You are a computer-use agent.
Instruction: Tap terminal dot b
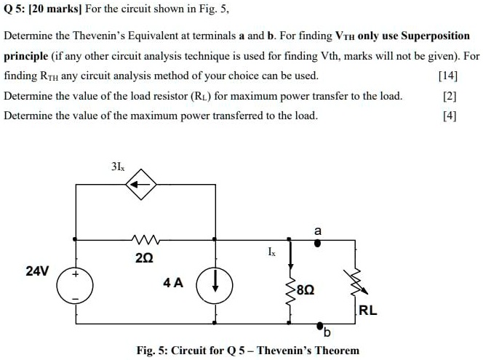(317, 324)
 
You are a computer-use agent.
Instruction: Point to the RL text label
(368, 310)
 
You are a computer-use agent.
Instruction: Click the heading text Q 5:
(16, 9)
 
